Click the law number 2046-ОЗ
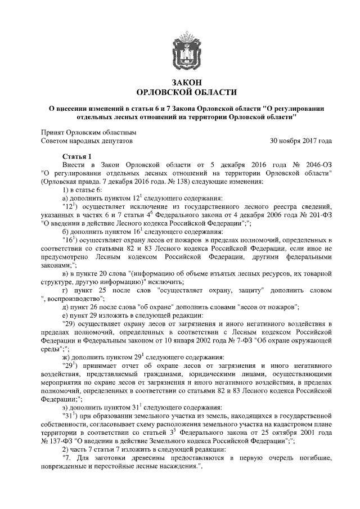tap(313, 165)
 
